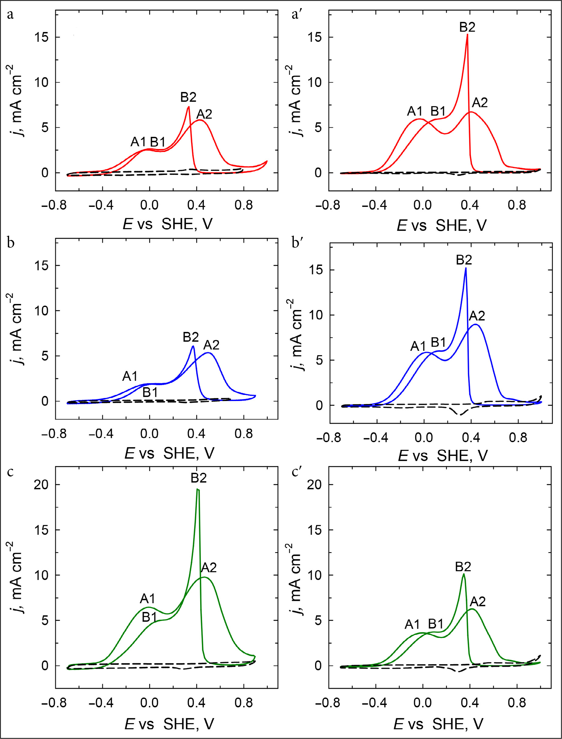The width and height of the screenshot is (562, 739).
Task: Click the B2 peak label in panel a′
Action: point(467,27)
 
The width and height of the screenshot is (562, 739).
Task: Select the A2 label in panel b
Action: point(211,345)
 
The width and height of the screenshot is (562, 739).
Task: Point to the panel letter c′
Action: point(297,472)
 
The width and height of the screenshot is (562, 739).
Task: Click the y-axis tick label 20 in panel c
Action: point(41,485)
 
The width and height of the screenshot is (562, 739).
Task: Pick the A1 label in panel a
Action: point(138,142)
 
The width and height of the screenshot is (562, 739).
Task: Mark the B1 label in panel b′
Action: point(438,342)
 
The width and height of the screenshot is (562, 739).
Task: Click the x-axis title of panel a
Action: point(167,224)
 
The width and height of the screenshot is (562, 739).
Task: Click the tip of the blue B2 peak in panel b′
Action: point(466,268)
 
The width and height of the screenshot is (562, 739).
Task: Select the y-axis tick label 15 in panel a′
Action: point(315,37)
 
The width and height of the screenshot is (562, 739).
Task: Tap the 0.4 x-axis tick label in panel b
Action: point(196,434)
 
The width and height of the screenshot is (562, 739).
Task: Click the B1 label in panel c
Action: point(149,617)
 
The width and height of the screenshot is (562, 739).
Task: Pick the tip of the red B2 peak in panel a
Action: point(189,107)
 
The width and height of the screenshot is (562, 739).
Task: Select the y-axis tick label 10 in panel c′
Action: point(315,575)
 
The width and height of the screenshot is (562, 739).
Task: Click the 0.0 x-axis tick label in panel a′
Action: point(423,205)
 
